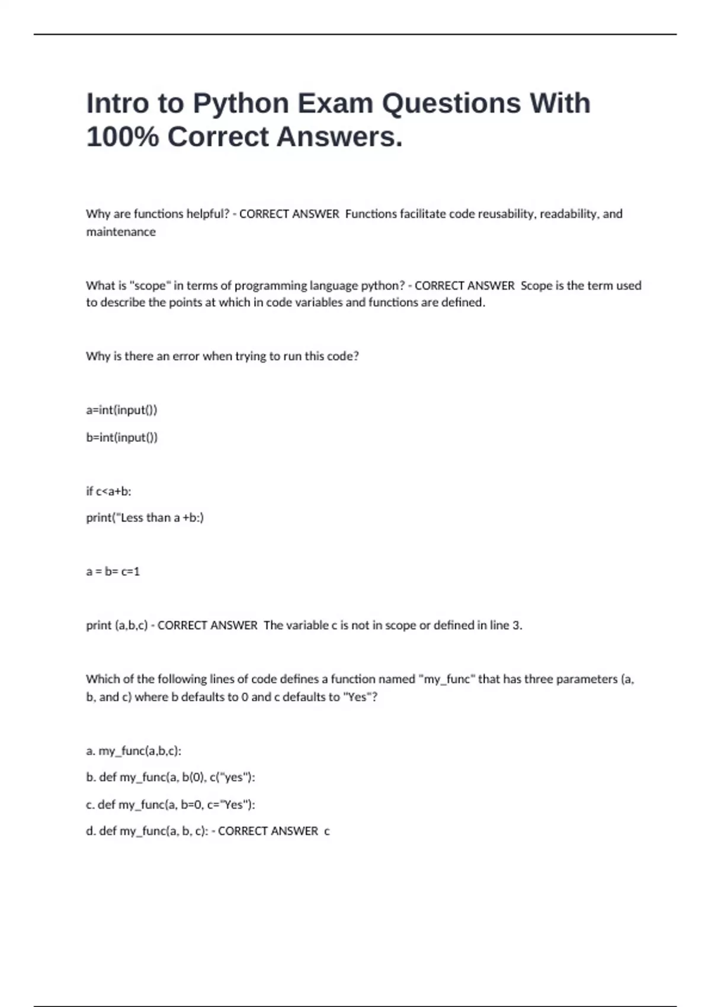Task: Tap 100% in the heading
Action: coord(122,137)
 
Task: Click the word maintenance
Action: coord(121,232)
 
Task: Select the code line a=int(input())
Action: coord(121,410)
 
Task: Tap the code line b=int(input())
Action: coord(121,437)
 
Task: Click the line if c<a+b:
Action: coord(108,491)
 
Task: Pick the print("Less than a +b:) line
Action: coord(145,518)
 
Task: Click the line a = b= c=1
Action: coord(113,572)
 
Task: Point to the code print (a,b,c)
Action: coord(116,626)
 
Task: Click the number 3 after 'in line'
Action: coord(516,626)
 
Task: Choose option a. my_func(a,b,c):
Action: coord(133,751)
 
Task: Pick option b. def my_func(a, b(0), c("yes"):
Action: coord(171,777)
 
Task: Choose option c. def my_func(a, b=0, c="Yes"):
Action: coord(171,804)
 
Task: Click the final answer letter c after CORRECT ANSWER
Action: coord(327,832)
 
